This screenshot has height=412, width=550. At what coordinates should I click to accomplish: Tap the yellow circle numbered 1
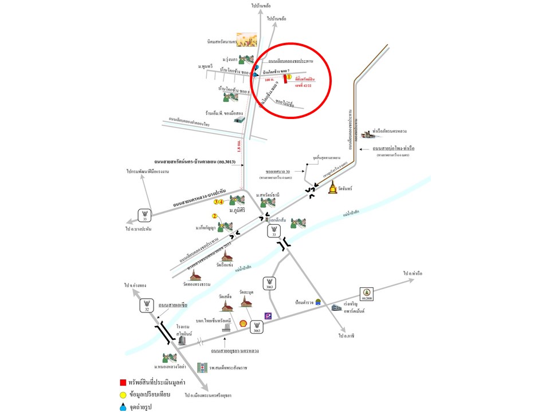point(290,76)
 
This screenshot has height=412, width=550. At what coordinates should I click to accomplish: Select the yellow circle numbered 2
point(215,216)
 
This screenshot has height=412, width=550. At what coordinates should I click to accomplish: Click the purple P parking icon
point(268,316)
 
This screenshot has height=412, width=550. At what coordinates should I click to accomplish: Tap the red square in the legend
point(123,382)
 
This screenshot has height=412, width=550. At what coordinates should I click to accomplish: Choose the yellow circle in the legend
point(123,394)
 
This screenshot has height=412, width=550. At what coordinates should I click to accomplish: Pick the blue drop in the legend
point(123,406)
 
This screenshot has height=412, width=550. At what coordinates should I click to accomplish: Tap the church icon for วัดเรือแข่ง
point(227,256)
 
